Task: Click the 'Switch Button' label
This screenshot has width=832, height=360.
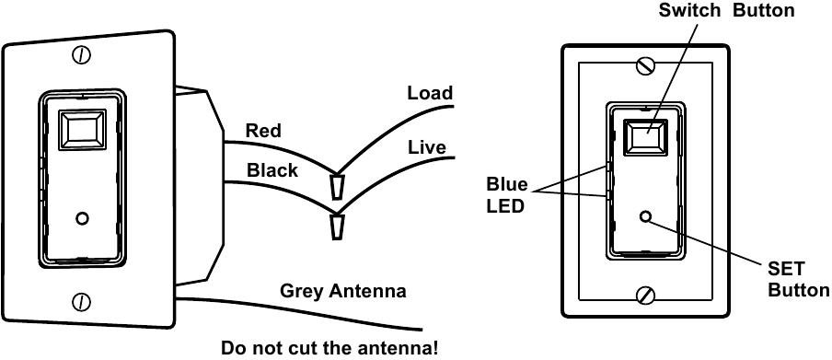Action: (726, 11)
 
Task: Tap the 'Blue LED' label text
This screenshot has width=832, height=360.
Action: (507, 195)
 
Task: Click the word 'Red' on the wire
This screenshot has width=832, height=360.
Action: (263, 131)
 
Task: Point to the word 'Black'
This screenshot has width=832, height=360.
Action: (272, 170)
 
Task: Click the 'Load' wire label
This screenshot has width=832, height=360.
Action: (430, 93)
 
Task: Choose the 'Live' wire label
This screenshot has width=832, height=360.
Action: (426, 147)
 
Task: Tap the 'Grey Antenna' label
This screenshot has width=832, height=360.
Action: (342, 292)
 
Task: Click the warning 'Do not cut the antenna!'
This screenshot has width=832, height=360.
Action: (329, 349)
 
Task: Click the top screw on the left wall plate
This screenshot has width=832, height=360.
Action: (82, 55)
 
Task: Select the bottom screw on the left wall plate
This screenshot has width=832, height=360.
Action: (82, 301)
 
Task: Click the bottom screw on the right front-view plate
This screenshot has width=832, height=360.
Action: (647, 295)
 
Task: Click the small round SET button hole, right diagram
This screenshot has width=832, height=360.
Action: (645, 217)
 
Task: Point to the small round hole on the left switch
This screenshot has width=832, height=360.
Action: (82, 218)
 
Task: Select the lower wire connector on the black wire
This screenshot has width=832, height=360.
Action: (336, 226)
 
